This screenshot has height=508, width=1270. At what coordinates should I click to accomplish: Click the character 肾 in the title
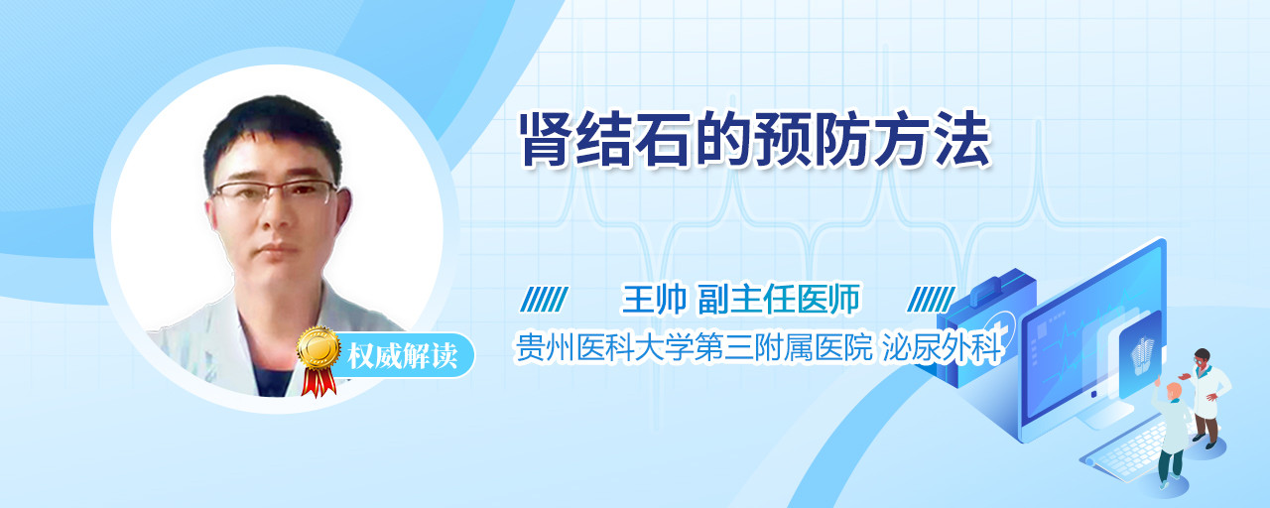click(548, 140)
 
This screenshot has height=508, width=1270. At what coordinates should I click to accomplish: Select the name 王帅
click(654, 299)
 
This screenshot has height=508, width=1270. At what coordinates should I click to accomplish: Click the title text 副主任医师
click(779, 299)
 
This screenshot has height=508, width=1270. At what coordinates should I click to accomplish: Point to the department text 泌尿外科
click(942, 347)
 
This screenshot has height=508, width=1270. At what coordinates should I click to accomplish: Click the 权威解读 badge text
click(403, 356)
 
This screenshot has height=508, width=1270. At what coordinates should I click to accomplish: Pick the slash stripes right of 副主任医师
click(931, 300)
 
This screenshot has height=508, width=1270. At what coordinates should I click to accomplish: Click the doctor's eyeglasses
click(275, 192)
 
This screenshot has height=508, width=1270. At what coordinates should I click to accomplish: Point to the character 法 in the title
click(962, 140)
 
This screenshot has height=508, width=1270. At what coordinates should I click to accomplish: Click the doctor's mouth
click(278, 248)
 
